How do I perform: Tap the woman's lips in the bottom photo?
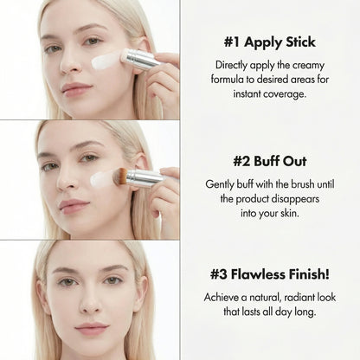tap(91, 330)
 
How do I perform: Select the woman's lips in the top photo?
tap(77, 87)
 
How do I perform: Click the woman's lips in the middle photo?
tap(74, 206)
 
